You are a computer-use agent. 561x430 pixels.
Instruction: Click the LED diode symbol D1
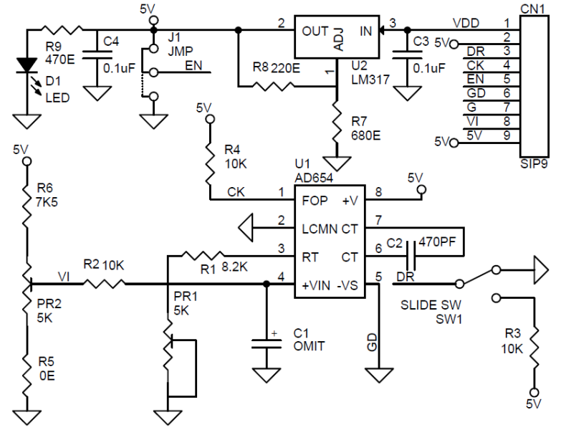pyautogui.click(x=27, y=65)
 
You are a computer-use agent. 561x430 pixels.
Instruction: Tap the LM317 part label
pyautogui.click(x=370, y=79)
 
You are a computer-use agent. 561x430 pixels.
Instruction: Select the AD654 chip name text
pyautogui.click(x=314, y=178)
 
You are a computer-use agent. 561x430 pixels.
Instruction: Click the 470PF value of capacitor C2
pyautogui.click(x=437, y=242)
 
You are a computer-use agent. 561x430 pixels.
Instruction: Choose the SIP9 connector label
pyautogui.click(x=534, y=163)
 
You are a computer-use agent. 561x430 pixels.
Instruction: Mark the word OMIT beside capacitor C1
pyautogui.click(x=309, y=346)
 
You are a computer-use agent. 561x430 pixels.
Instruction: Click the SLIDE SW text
pyautogui.click(x=431, y=305)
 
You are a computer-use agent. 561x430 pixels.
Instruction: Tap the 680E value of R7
pyautogui.click(x=365, y=135)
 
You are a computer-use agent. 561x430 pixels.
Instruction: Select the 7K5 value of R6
pyautogui.click(x=47, y=202)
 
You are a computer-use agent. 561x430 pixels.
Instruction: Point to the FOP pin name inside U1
pyautogui.click(x=315, y=201)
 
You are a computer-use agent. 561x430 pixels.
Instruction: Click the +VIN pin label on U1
pyautogui.click(x=316, y=285)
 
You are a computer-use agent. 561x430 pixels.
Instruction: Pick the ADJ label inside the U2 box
pyautogui.click(x=338, y=39)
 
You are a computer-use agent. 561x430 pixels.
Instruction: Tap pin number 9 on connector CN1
pyautogui.click(x=507, y=135)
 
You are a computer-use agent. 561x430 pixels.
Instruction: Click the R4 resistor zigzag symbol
pyautogui.click(x=211, y=165)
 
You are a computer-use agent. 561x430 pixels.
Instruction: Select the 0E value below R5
pyautogui.click(x=47, y=376)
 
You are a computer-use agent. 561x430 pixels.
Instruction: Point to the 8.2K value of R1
pyautogui.click(x=235, y=267)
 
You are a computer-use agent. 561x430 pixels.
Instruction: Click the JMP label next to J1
pyautogui.click(x=181, y=51)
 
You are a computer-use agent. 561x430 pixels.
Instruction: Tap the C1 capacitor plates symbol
pyautogui.click(x=267, y=344)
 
